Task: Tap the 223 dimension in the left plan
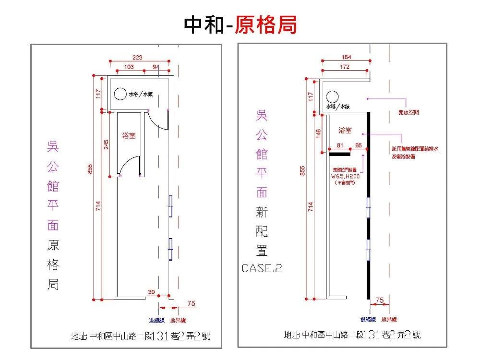click(137, 58)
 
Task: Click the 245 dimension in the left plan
click(107, 144)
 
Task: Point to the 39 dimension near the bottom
click(152, 292)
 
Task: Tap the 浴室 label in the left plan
click(129, 136)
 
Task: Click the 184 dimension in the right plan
click(347, 57)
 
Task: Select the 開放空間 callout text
click(409, 112)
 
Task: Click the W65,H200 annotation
click(346, 176)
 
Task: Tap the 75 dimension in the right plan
click(380, 300)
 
